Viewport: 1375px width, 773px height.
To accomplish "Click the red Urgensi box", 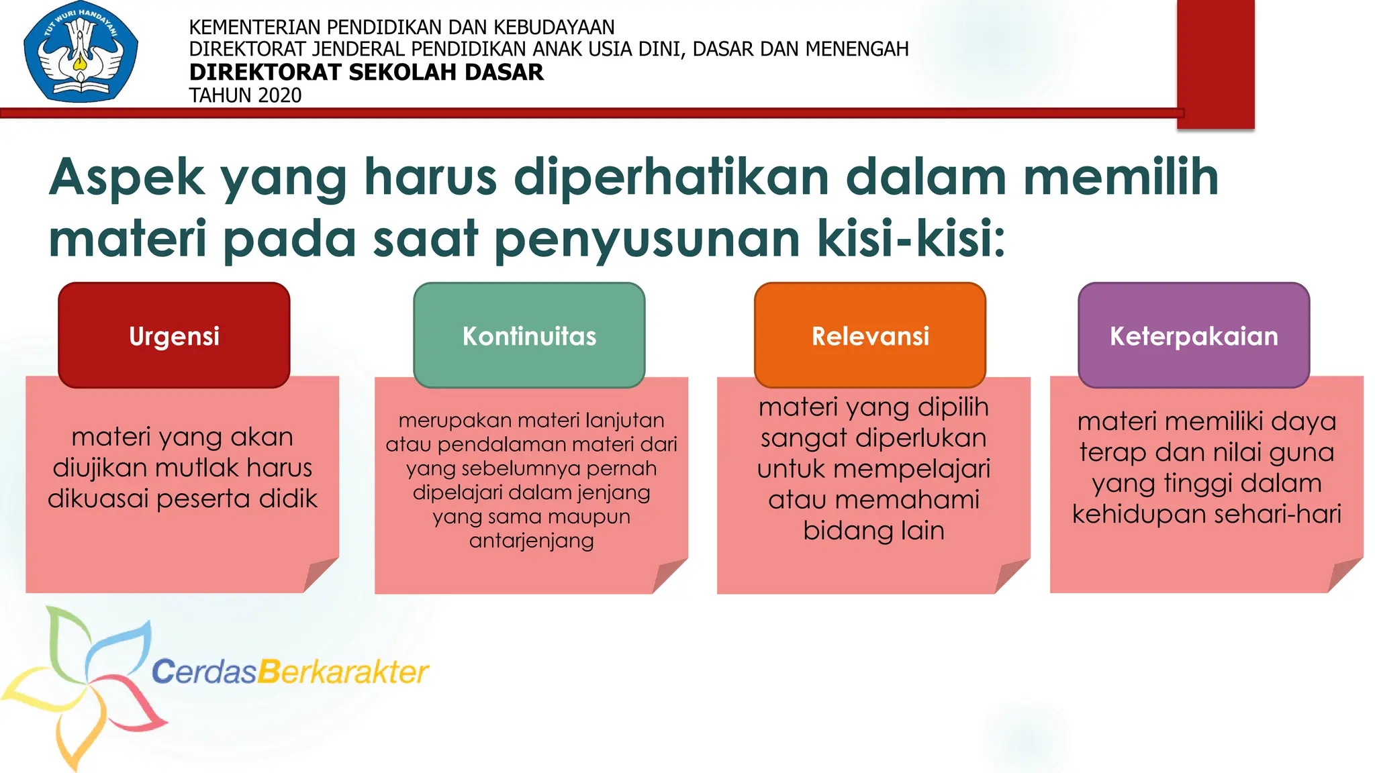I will tap(174, 335).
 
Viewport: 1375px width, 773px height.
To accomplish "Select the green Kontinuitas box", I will tap(529, 335).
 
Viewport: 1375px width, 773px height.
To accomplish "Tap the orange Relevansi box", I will tap(870, 335).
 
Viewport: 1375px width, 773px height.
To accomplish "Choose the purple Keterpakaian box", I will tap(1194, 335).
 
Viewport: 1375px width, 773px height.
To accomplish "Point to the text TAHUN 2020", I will tap(245, 95).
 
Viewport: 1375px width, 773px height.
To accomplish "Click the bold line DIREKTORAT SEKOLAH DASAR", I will tap(366, 72).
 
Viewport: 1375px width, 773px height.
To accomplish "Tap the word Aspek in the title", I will tap(126, 177).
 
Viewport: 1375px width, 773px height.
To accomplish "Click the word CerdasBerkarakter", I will tap(290, 671).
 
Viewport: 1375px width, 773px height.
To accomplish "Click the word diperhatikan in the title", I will tap(671, 177).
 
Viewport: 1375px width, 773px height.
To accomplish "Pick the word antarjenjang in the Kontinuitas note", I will tap(531, 540).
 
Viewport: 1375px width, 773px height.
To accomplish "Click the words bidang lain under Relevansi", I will tap(873, 531).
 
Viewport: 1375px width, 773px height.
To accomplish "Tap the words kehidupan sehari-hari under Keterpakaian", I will tap(1206, 514).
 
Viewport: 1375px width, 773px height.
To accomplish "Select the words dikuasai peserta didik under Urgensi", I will tap(182, 499).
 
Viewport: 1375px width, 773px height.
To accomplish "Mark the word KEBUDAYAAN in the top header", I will tap(554, 27).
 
